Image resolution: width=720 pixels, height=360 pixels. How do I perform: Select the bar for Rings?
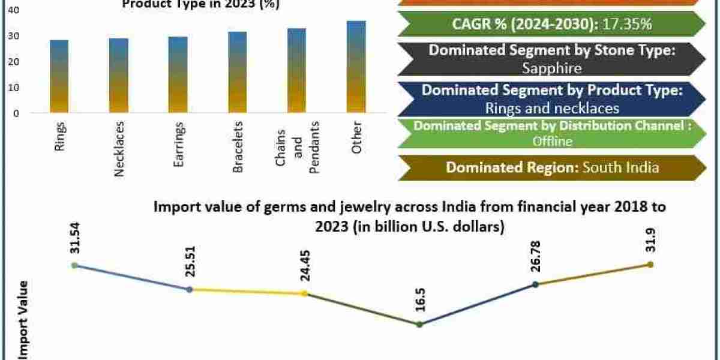coord(59,76)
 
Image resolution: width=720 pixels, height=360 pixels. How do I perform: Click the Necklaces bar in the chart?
coord(118,76)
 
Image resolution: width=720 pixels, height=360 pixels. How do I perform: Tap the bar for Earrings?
coord(178,74)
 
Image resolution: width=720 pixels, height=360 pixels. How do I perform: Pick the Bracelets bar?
coord(237,72)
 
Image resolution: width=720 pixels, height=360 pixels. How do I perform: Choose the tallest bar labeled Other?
coord(356,67)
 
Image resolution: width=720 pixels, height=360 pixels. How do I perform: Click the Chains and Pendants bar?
coord(296,70)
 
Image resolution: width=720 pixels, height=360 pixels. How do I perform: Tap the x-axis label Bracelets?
coord(238,147)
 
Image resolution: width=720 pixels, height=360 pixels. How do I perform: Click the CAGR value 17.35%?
coord(628,25)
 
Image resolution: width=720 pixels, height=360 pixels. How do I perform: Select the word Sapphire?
coord(551,68)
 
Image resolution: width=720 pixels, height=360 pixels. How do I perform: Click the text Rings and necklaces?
coord(551,109)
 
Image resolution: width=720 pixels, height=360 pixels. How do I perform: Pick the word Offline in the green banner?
coord(552,142)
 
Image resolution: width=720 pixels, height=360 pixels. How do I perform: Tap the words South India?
coord(621,167)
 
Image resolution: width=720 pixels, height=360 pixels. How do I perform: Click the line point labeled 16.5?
coord(419,325)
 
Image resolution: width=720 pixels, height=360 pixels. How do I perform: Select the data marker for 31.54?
coord(74,265)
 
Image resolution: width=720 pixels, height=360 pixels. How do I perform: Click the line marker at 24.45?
coord(305,293)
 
